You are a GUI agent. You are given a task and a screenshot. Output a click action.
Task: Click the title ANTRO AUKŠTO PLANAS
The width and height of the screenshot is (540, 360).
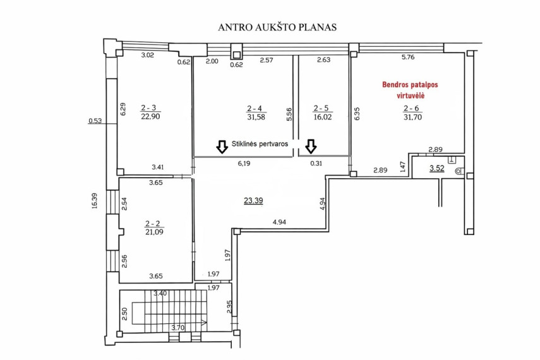coord(277,27)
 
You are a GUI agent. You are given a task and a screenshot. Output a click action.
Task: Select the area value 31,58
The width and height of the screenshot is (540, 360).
coord(256,117)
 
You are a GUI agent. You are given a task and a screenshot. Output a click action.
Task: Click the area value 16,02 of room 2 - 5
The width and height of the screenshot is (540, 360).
coord(323,117)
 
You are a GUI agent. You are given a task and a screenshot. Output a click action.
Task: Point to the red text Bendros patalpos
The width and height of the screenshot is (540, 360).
coord(410,85)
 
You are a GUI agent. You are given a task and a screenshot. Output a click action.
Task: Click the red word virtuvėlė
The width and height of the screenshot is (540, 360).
coord(411,95)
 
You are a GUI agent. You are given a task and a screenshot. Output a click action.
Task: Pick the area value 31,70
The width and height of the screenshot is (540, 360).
coord(412,117)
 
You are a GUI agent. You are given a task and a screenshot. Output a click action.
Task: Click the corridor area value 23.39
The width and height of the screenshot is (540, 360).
coord(253,200)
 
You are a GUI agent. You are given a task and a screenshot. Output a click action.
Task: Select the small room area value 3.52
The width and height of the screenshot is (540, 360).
coord(436,169)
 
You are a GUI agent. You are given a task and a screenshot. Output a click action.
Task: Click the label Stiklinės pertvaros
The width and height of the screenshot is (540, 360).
coord(260,144)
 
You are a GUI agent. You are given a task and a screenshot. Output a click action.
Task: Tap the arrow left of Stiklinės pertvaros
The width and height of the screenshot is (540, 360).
coord(222,147)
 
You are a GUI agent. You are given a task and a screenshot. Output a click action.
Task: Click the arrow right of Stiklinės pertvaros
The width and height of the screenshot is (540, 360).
coord(311,147)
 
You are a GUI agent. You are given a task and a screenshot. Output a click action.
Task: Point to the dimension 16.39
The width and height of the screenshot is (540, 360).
coord(95,200)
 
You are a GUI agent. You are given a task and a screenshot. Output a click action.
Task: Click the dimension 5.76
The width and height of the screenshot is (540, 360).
coord(408,57)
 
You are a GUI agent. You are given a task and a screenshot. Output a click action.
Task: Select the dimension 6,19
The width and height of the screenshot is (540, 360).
coord(244,164)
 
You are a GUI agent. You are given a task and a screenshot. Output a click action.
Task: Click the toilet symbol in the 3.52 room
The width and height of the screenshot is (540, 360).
coord(459,170)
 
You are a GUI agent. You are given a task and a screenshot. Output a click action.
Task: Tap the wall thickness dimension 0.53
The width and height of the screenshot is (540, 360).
coord(95,121)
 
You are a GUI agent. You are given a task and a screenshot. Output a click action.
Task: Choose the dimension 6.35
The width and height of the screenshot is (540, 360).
coord(357,114)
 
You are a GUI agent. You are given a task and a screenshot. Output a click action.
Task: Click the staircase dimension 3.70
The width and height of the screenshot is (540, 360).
coord(178,328)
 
